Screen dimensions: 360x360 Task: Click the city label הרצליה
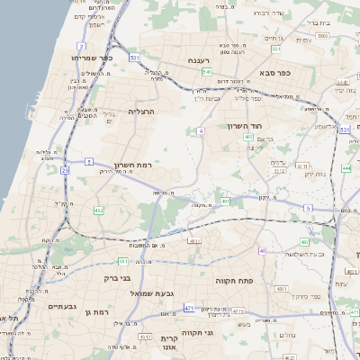pyautogui.click(x=142, y=111)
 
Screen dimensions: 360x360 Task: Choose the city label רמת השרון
pyautogui.click(x=136, y=166)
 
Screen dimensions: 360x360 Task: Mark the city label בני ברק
pyautogui.click(x=119, y=278)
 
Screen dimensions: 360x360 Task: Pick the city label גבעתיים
pyautogui.click(x=58, y=306)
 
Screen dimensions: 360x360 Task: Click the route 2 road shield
pyautogui.click(x=82, y=45)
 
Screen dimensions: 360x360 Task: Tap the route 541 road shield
pyautogui.click(x=206, y=72)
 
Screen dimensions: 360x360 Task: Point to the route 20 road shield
pyautogui.click(x=65, y=169)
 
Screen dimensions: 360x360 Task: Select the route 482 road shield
pyautogui.click(x=99, y=211)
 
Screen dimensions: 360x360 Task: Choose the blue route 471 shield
pyautogui.click(x=189, y=309)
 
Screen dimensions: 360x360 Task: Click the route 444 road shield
pyautogui.click(x=346, y=167)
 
